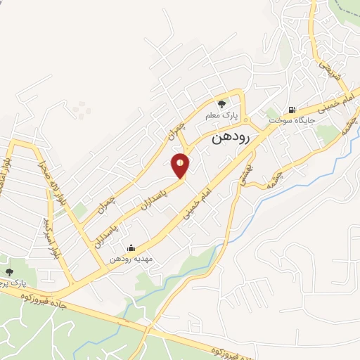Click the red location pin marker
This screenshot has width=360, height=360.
click(x=181, y=166)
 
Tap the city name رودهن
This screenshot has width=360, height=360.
click(x=231, y=139)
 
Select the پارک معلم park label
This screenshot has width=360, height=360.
click(x=227, y=113)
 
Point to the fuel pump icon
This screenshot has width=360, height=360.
click(x=291, y=110)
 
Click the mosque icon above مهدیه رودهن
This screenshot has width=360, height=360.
click(x=130, y=247)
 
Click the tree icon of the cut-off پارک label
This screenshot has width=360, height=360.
click(x=9, y=272)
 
